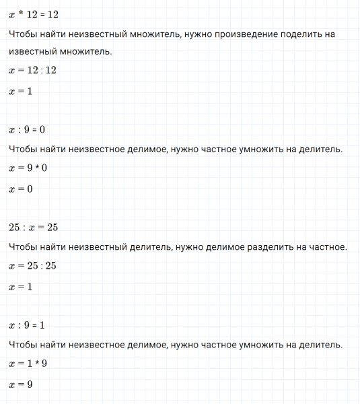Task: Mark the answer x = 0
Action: click(x=21, y=189)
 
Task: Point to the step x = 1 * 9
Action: click(x=28, y=364)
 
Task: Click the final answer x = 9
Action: click(x=21, y=385)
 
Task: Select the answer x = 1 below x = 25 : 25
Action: click(x=21, y=288)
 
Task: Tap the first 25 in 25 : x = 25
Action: click(x=15, y=228)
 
